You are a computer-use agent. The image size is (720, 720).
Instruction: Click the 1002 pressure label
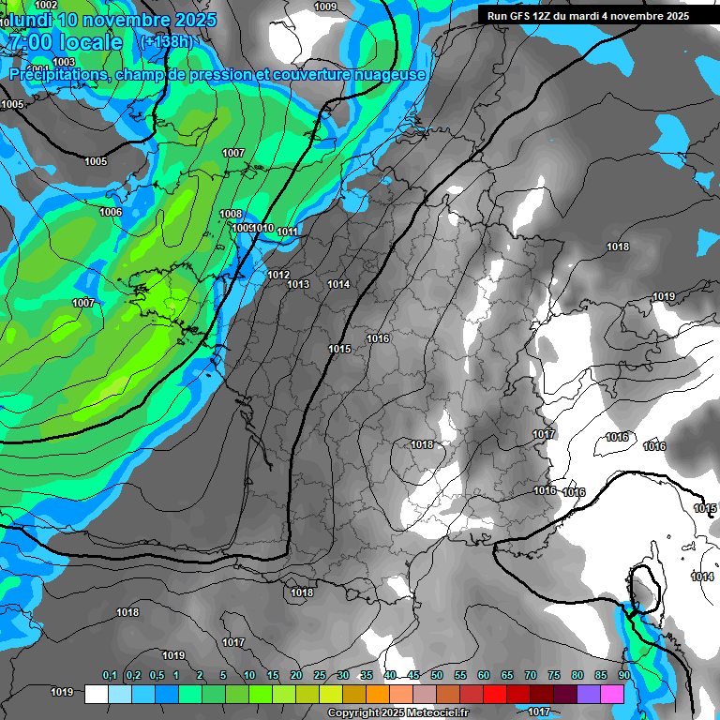(x=46, y=6)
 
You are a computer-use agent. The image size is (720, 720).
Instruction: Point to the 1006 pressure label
(x=111, y=212)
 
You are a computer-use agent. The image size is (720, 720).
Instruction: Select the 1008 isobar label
(x=231, y=214)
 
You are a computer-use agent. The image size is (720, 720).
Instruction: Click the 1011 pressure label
(x=288, y=232)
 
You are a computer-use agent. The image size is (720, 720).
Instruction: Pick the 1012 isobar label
(x=278, y=275)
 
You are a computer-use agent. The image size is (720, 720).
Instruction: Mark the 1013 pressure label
(x=299, y=284)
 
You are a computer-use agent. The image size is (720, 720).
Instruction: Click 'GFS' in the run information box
(x=522, y=16)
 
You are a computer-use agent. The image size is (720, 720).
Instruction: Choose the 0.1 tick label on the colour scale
(x=109, y=676)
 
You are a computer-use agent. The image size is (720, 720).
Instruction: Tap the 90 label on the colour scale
(x=623, y=676)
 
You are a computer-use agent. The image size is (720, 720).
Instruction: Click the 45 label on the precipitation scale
(x=413, y=676)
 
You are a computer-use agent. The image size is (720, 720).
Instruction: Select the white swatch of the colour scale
(x=96, y=694)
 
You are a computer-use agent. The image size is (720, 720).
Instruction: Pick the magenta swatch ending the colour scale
(x=612, y=694)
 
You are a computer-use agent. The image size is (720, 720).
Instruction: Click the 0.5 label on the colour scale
(x=156, y=676)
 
